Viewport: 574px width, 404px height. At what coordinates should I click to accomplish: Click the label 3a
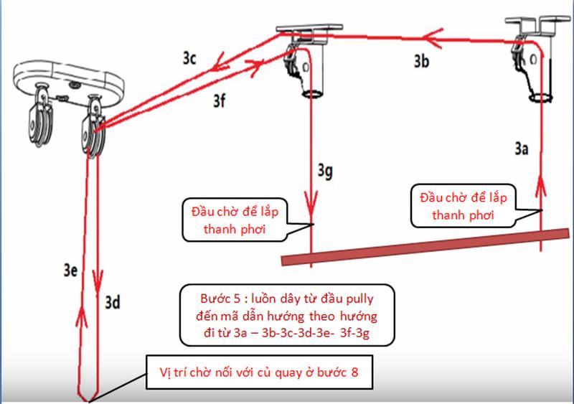(x=522, y=149)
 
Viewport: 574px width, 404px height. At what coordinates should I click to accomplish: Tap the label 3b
(x=421, y=61)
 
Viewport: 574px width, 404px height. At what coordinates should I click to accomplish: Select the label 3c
(x=189, y=58)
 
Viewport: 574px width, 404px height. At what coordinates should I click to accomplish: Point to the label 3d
(x=113, y=303)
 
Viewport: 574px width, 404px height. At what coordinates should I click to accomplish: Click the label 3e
(x=70, y=270)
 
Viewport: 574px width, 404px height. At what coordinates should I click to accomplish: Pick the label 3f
(x=220, y=100)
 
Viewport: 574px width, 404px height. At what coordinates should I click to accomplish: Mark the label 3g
(x=325, y=171)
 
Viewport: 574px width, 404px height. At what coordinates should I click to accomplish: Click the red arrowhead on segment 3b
(x=432, y=37)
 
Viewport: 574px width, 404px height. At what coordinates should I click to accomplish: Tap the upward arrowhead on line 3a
(x=541, y=187)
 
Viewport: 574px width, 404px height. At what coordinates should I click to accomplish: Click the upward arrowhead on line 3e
(x=82, y=316)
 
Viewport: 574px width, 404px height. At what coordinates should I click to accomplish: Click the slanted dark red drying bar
(x=425, y=247)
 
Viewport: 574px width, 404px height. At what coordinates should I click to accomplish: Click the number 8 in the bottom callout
(x=354, y=372)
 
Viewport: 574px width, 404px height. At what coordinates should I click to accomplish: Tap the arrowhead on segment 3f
(x=255, y=67)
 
